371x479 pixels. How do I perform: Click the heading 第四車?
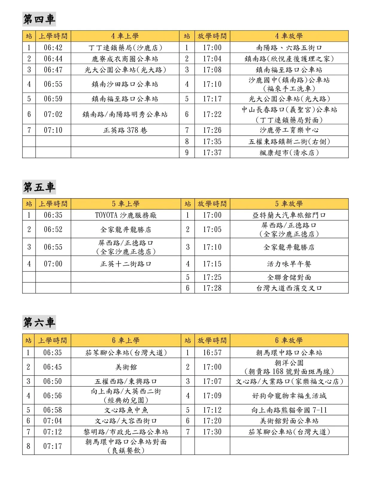[39, 19]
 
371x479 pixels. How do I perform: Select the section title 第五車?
[39, 187]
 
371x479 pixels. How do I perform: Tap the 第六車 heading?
[39, 322]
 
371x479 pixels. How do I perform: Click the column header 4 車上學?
[125, 36]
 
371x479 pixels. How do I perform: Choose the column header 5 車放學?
[289, 204]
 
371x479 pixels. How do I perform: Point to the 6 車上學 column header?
[126, 340]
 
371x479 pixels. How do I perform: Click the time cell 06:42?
[53, 48]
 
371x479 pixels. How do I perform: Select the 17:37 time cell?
[212, 153]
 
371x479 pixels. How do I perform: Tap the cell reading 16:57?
[212, 353]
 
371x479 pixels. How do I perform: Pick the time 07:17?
[52, 446]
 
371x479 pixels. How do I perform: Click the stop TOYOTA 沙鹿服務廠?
[126, 215]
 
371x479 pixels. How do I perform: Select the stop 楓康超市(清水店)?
[289, 153]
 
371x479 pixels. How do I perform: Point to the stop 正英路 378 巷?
[125, 130]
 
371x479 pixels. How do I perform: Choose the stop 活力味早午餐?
[289, 264]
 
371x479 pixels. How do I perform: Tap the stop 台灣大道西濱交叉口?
[289, 288]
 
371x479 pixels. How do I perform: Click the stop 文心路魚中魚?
[126, 410]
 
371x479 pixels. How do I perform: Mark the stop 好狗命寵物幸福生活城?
[289, 396]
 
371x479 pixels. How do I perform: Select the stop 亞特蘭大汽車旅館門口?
[289, 215]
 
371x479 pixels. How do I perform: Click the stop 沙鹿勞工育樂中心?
[289, 130]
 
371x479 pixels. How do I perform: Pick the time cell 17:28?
[212, 288]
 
